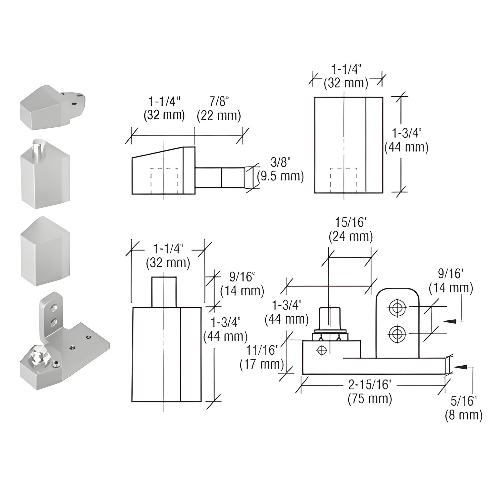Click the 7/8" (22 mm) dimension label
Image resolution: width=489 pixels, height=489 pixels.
pyautogui.click(x=219, y=109)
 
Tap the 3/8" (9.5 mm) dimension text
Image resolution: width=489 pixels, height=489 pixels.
pyautogui.click(x=280, y=169)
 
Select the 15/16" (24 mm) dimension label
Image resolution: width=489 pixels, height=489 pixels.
pyautogui.click(x=351, y=229)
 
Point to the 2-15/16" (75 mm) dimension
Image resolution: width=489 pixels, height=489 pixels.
pyautogui.click(x=370, y=392)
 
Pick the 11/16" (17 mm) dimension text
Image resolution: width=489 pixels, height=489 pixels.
pyautogui.click(x=262, y=357)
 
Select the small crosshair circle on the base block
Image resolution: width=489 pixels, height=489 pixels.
pyautogui.click(x=321, y=351)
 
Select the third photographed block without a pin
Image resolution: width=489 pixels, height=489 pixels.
pyautogui.click(x=45, y=251)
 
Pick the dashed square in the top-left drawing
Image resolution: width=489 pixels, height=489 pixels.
pyautogui.click(x=164, y=181)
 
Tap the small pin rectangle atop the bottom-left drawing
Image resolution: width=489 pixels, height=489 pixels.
pyautogui.click(x=164, y=292)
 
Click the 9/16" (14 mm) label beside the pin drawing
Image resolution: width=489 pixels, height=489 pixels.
pyautogui.click(x=242, y=284)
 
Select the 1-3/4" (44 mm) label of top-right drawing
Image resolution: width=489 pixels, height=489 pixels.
pyautogui.click(x=406, y=140)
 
